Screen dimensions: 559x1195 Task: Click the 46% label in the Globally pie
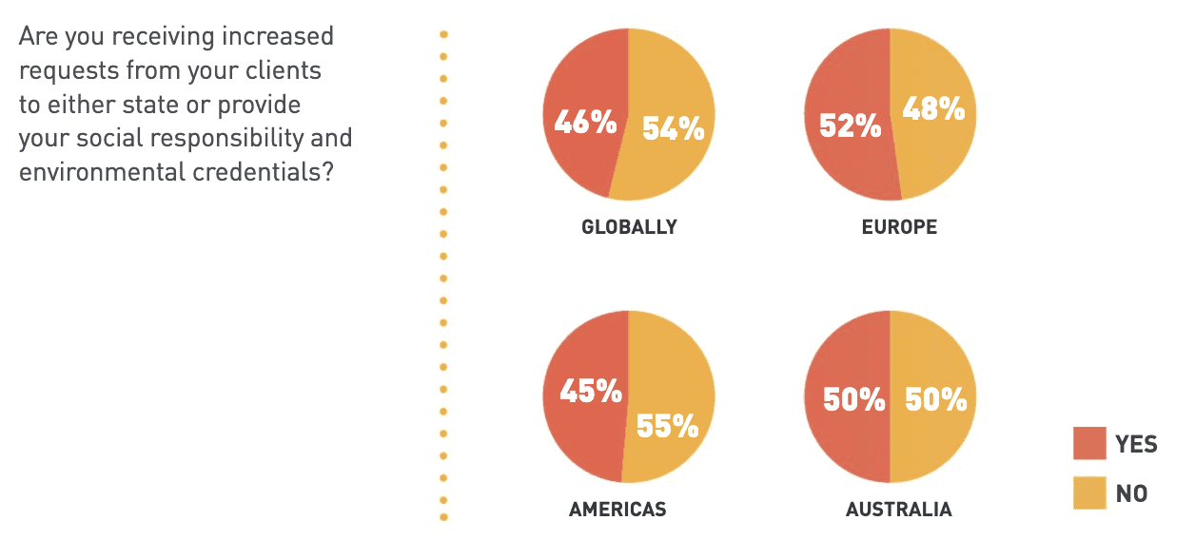(585, 123)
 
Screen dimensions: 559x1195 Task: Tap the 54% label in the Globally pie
(672, 128)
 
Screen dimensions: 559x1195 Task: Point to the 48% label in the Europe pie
(933, 109)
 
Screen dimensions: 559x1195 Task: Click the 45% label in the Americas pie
(590, 391)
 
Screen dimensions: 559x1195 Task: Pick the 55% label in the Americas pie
(667, 426)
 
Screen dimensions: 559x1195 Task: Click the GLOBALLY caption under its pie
(629, 227)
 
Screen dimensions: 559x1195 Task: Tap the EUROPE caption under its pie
(899, 227)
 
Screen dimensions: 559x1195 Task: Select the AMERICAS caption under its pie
(617, 510)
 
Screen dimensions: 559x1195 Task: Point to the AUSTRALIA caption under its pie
(898, 510)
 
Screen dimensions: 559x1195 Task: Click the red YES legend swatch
(1089, 443)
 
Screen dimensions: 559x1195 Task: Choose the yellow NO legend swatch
(1089, 492)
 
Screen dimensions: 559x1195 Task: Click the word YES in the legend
(1136, 444)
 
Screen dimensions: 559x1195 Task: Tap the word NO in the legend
(1131, 493)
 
